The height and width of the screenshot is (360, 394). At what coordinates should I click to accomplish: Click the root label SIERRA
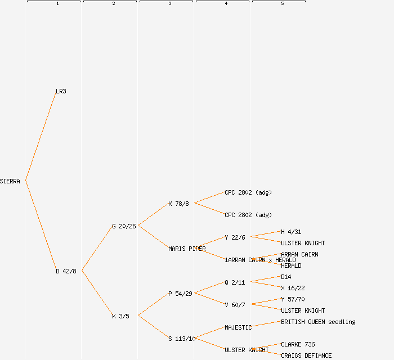pyautogui.click(x=10, y=181)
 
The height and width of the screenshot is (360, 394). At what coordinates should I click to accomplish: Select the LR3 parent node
pyautogui.click(x=61, y=91)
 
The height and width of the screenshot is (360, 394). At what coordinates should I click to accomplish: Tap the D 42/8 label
pyautogui.click(x=66, y=271)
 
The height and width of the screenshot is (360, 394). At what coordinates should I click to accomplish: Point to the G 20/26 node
pyautogui.click(x=124, y=226)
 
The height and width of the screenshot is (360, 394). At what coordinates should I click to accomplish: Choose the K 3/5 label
pyautogui.click(x=120, y=316)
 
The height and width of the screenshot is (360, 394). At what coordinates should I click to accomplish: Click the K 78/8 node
pyautogui.click(x=178, y=204)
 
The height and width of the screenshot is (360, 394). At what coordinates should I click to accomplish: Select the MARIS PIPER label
pyautogui.click(x=187, y=249)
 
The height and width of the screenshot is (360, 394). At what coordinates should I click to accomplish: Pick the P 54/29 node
pyautogui.click(x=180, y=294)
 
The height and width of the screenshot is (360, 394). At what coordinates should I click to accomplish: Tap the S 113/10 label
pyautogui.click(x=182, y=339)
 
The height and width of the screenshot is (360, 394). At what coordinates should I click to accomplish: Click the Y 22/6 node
pyautogui.click(x=235, y=237)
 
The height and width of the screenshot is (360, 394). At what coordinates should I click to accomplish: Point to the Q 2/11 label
pyautogui.click(x=235, y=282)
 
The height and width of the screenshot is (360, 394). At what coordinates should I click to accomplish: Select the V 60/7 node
pyautogui.click(x=235, y=305)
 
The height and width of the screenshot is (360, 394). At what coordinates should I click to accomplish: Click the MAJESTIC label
pyautogui.click(x=238, y=327)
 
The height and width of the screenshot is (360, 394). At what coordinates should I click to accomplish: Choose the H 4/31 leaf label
pyautogui.click(x=291, y=232)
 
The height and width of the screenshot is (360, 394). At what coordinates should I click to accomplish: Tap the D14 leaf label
pyautogui.click(x=286, y=277)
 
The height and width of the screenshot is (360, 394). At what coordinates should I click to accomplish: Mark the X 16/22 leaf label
pyautogui.click(x=293, y=288)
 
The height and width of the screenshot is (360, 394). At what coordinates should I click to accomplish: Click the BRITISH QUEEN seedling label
pyautogui.click(x=318, y=322)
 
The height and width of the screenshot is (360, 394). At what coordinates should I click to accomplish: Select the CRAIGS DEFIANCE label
pyautogui.click(x=306, y=355)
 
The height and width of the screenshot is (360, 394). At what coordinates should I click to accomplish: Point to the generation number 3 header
pyautogui.click(x=169, y=4)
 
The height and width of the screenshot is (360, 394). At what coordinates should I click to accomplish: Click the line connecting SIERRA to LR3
pyautogui.click(x=41, y=136)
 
